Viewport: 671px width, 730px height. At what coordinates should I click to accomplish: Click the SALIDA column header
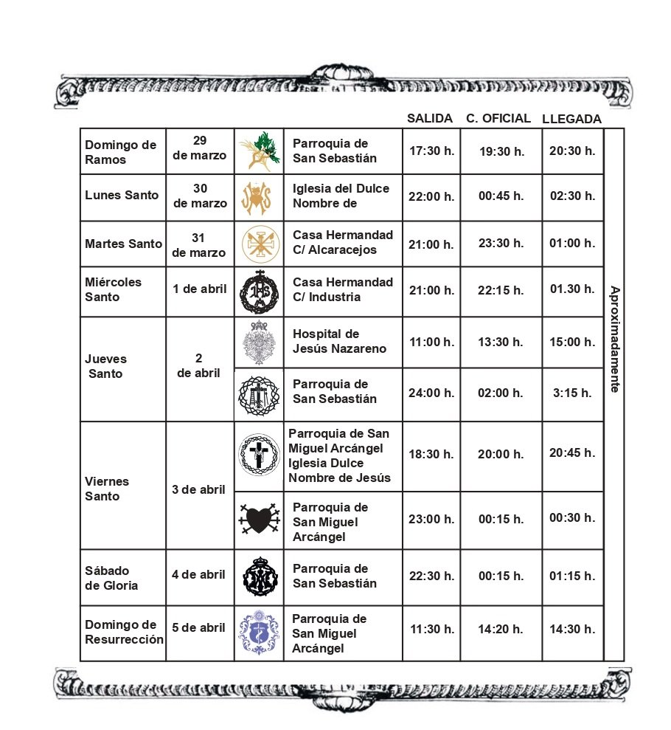pyautogui.click(x=430, y=119)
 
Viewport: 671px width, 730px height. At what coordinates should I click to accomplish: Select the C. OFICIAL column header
pyautogui.click(x=498, y=118)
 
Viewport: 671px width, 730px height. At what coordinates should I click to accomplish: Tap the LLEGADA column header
pyautogui.click(x=571, y=119)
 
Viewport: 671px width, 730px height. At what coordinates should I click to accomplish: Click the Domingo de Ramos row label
pyautogui.click(x=121, y=152)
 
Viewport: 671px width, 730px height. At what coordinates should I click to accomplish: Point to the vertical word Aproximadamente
pyautogui.click(x=613, y=339)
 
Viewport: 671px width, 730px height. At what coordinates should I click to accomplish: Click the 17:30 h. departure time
pyautogui.click(x=431, y=151)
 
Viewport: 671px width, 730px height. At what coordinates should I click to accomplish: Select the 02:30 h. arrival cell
pyautogui.click(x=572, y=196)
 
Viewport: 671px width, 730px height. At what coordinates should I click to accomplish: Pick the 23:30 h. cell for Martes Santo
pyautogui.click(x=501, y=243)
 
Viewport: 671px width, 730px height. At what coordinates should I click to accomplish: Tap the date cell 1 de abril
pyautogui.click(x=199, y=289)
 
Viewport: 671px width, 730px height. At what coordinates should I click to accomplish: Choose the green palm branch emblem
pyautogui.click(x=259, y=151)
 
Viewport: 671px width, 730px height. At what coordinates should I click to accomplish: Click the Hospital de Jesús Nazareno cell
pyautogui.click(x=339, y=341)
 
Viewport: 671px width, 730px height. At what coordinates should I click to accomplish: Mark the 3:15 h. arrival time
pyautogui.click(x=573, y=393)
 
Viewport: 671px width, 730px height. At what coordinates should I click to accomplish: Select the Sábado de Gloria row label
pyautogui.click(x=111, y=577)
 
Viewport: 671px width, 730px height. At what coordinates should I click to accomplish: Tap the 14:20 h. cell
pyautogui.click(x=501, y=629)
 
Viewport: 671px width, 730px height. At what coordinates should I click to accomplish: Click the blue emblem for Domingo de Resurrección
pyautogui.click(x=259, y=633)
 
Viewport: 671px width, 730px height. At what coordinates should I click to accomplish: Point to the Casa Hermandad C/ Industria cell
pyautogui.click(x=343, y=289)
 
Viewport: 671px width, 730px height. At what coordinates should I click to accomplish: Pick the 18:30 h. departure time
pyautogui.click(x=431, y=455)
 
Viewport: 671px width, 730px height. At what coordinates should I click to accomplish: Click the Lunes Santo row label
pyautogui.click(x=122, y=196)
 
